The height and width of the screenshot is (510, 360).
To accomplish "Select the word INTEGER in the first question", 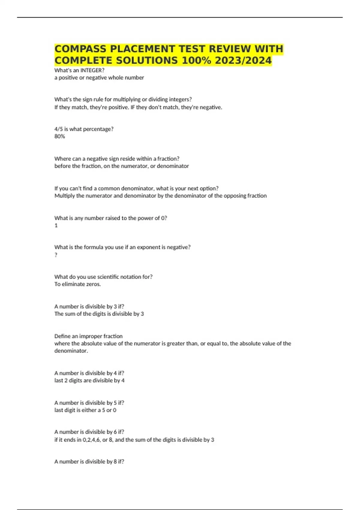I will pyautogui.click(x=92, y=70).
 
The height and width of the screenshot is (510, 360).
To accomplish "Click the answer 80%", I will pyautogui.click(x=59, y=136).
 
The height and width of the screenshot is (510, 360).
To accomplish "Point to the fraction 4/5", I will pyautogui.click(x=58, y=129).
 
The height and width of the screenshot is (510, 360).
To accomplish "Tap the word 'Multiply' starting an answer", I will pyautogui.click(x=64, y=196).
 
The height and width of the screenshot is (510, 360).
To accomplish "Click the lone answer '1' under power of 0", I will pyautogui.click(x=56, y=225).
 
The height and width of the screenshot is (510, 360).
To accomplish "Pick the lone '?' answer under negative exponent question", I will pyautogui.click(x=56, y=255).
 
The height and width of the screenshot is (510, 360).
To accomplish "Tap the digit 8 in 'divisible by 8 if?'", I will pyautogui.click(x=115, y=461).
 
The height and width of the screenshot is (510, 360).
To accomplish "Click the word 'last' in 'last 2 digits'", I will pyautogui.click(x=59, y=380).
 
